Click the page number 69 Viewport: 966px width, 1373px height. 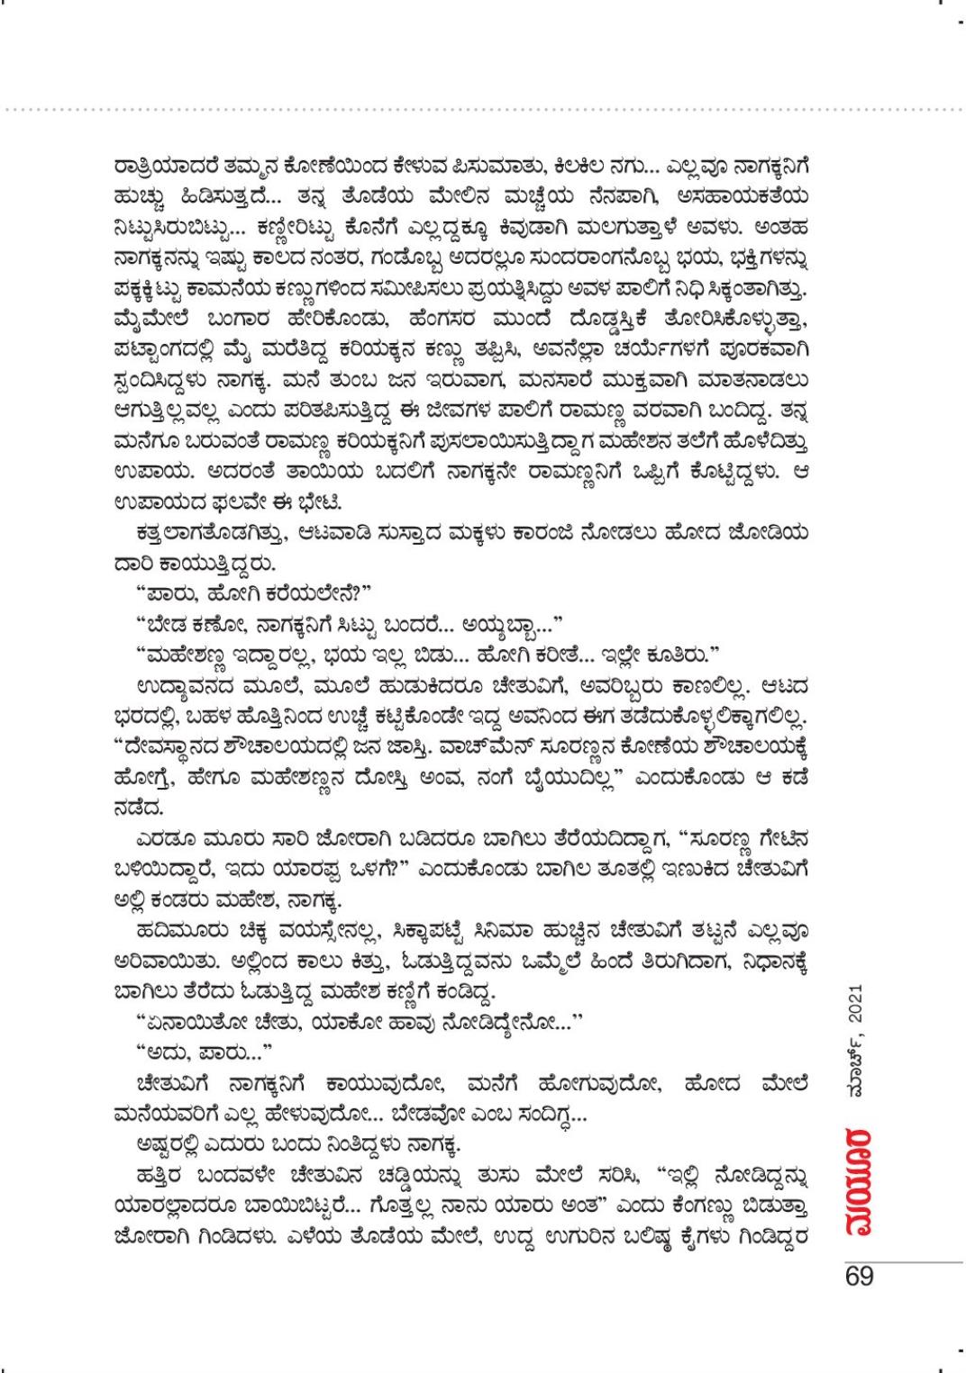point(859,1278)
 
